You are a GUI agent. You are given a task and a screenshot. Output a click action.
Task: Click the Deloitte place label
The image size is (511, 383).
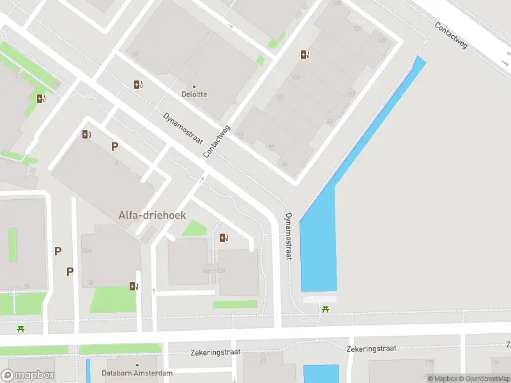coord(194,94)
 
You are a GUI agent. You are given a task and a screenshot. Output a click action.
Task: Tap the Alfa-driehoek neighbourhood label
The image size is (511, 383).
coord(152,216)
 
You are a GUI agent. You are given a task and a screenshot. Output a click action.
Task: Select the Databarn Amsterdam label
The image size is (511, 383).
coord(137,373)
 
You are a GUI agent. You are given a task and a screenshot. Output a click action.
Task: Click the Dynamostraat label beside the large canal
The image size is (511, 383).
coord(289,236)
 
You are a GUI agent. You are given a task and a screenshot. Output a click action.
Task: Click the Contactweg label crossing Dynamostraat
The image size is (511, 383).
coord(216,142)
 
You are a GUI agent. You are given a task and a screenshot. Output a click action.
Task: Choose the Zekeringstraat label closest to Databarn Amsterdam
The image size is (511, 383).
coord(214,352)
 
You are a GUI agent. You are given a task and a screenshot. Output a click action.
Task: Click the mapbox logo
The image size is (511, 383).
coord(27,375)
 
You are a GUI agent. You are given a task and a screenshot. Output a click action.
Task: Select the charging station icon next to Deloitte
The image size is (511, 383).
coord(138,84)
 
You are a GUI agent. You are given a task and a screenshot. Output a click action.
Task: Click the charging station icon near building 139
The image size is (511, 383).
coord(305,54)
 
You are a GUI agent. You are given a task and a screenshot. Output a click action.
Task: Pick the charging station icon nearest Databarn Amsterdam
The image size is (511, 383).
coord(133,286)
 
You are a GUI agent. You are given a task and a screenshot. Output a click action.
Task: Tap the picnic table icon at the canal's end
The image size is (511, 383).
coord(326,310)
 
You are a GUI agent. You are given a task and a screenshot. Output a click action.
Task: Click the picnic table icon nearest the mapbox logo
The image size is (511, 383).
coord(21,329)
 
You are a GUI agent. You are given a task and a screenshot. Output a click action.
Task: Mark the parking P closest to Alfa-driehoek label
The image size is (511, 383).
coord(114,146)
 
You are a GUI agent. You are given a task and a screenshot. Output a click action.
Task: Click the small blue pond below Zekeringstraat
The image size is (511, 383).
coord(321,373)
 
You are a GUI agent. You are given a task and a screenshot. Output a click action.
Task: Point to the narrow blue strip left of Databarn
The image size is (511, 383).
coord(88,370)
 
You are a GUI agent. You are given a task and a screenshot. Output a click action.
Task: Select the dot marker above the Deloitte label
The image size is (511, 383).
coord(194,86)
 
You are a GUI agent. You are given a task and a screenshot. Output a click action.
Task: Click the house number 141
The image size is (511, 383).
coord(280,97)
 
